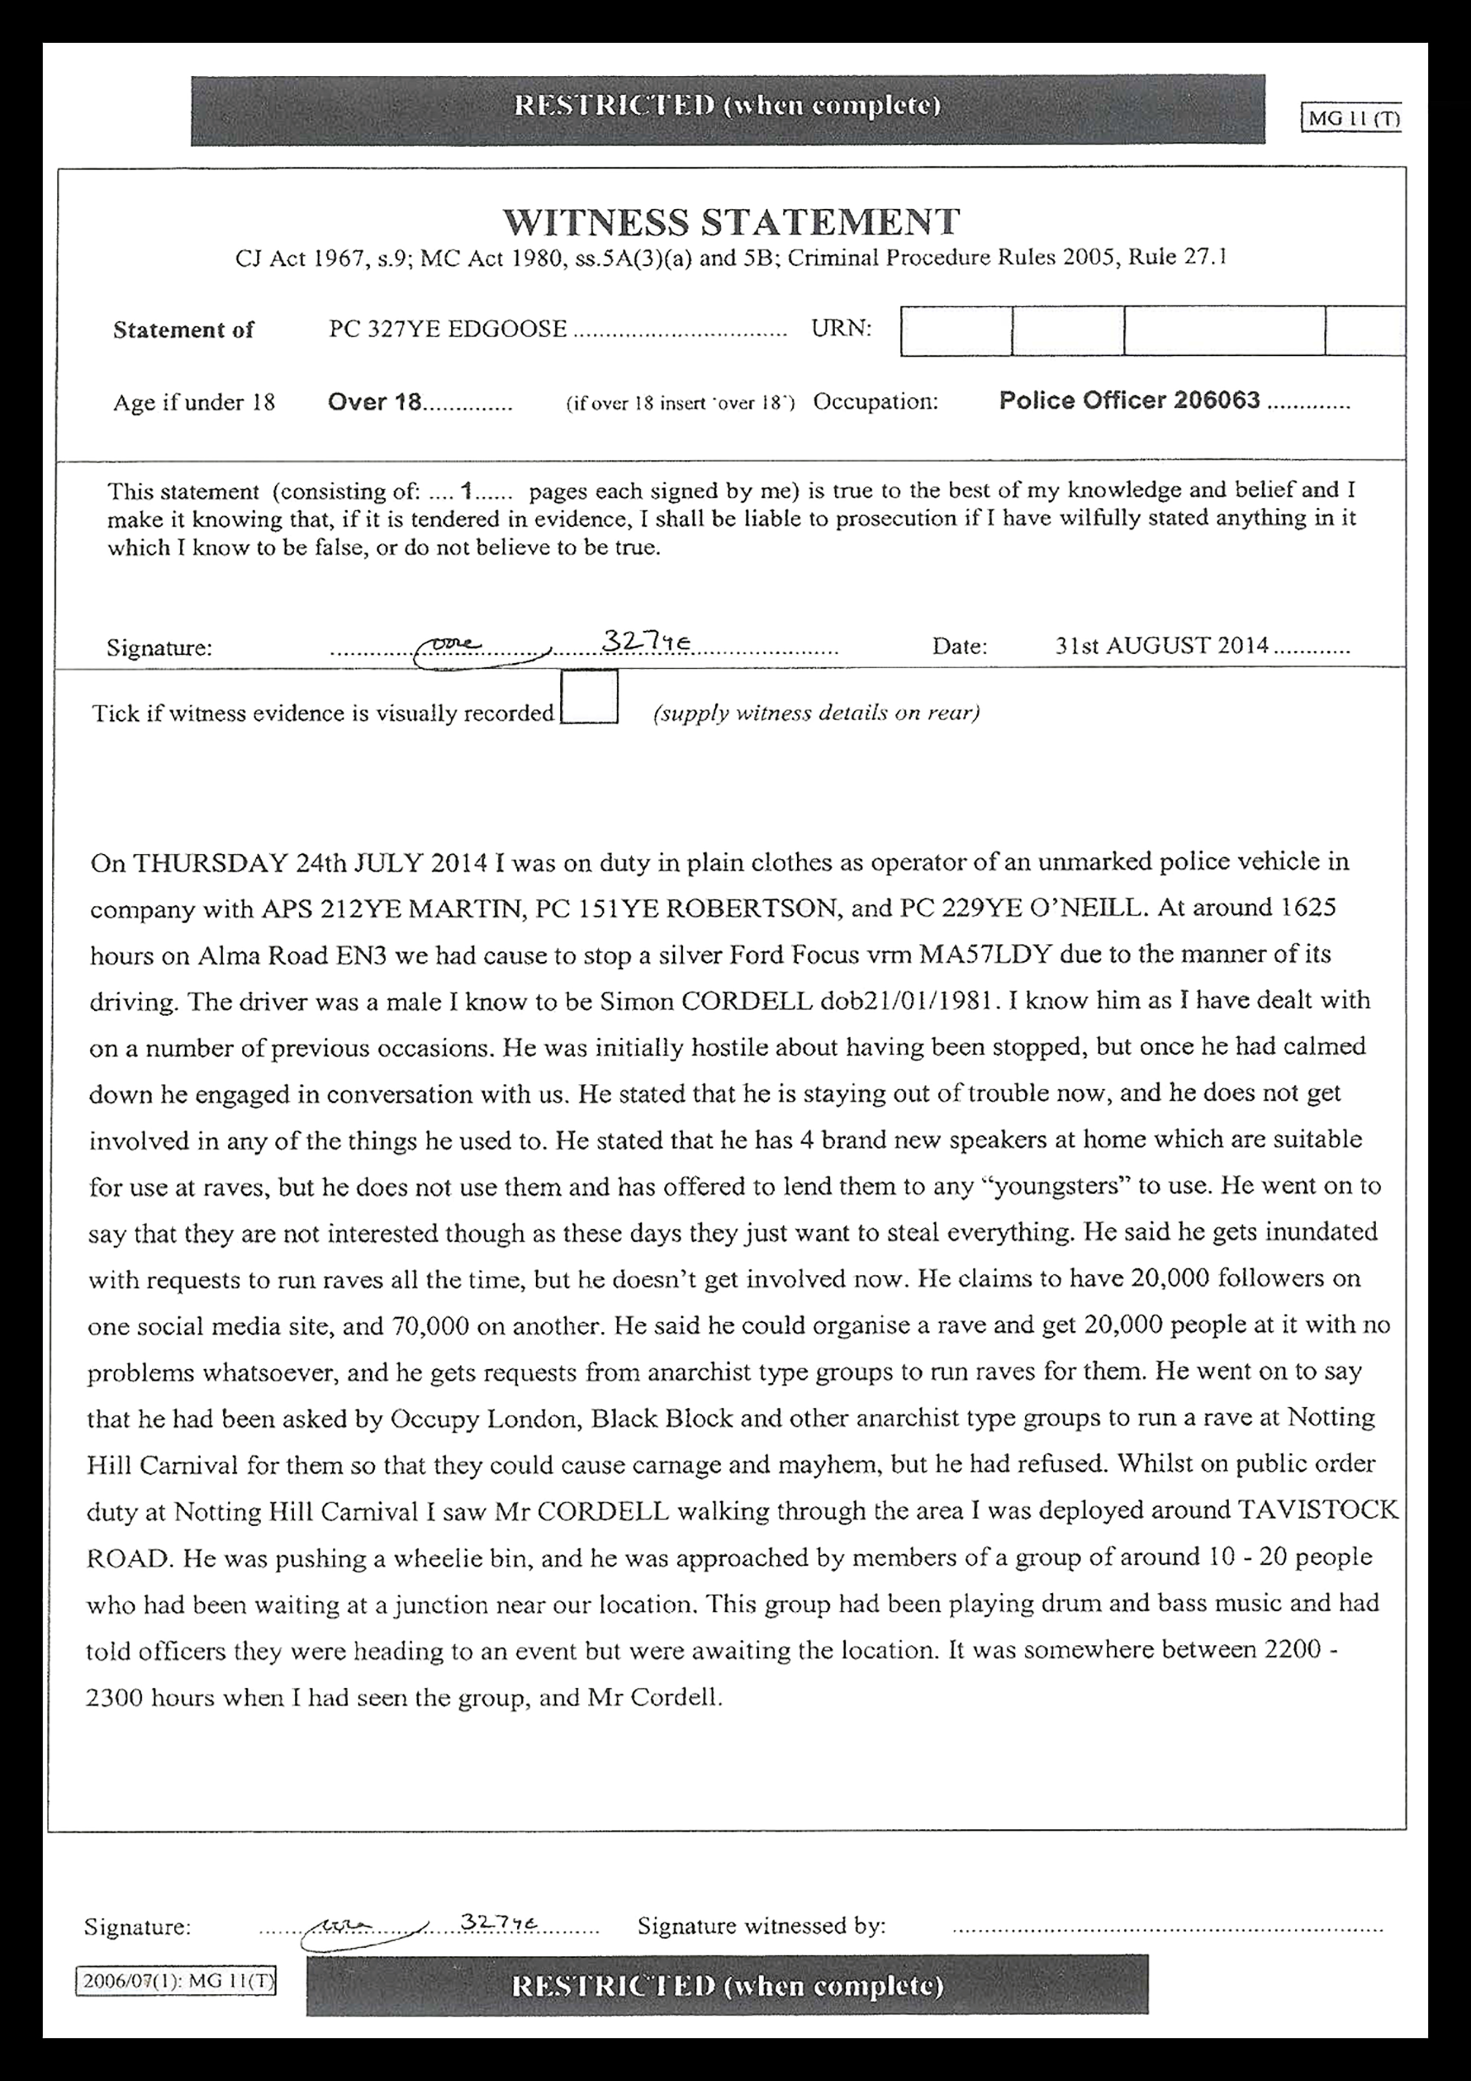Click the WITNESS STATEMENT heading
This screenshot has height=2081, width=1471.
pyautogui.click(x=731, y=222)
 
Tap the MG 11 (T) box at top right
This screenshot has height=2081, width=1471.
pyautogui.click(x=1351, y=119)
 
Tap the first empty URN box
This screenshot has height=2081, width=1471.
pyautogui.click(x=956, y=331)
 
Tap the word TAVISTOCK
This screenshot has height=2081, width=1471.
pyautogui.click(x=1318, y=1509)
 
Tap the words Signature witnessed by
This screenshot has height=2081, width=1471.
pyautogui.click(x=762, y=1926)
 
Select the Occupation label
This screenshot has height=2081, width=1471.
pyautogui.click(x=875, y=402)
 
